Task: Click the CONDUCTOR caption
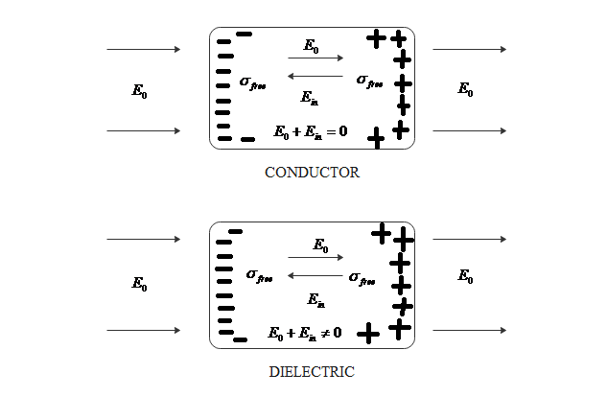pos(312,173)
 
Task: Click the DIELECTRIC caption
pos(312,371)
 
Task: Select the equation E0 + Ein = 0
pos(311,132)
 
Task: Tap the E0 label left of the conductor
pos(140,91)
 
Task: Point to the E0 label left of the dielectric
pos(140,284)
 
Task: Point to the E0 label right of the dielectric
pos(465,277)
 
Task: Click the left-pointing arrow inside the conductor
pos(315,76)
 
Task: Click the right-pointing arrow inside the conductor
pos(315,58)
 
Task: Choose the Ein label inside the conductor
pos(309,96)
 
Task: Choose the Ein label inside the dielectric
pos(315,299)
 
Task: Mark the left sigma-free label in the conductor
pos(253,83)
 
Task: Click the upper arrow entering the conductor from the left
pos(144,49)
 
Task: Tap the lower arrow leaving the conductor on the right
pos(470,130)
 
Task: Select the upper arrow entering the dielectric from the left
pos(144,239)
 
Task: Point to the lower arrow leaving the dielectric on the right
pos(470,331)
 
